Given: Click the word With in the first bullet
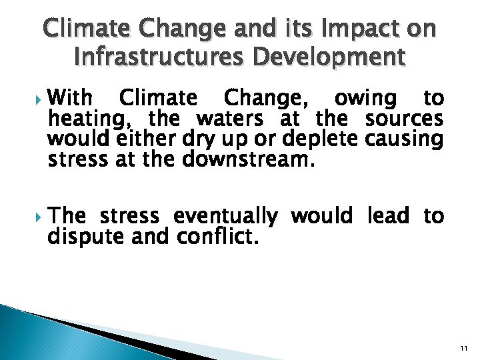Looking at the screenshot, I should pyautogui.click(x=71, y=99).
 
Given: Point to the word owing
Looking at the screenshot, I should pyautogui.click(x=363, y=99).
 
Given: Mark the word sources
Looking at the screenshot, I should pyautogui.click(x=405, y=119).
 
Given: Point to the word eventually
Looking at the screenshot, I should pyautogui.click(x=225, y=216).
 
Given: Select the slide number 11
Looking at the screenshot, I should pyautogui.click(x=463, y=348).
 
